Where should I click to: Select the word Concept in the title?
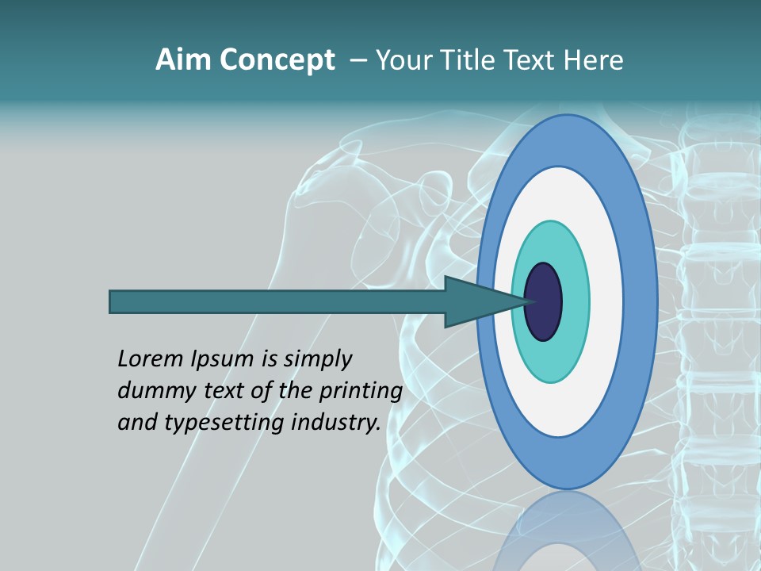click(277, 60)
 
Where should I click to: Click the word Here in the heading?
click(594, 60)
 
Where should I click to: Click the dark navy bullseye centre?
click(544, 302)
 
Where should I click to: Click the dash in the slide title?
click(357, 60)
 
